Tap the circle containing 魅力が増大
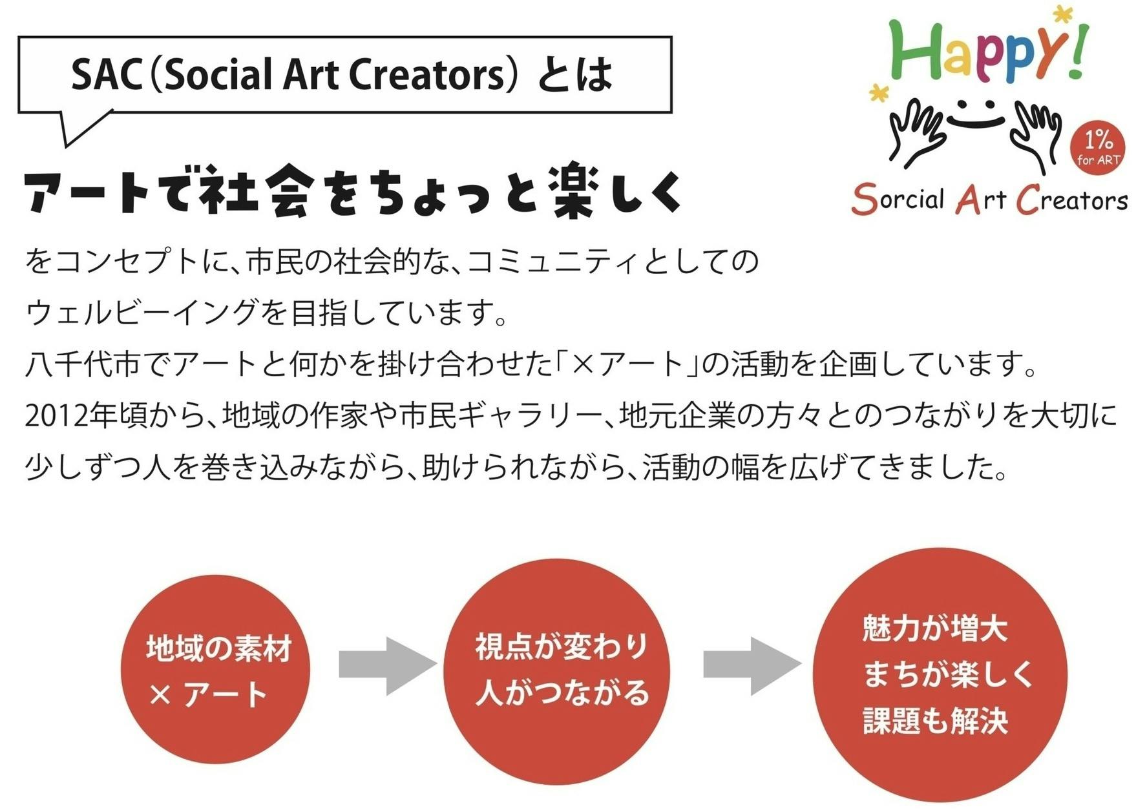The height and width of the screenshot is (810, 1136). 940,674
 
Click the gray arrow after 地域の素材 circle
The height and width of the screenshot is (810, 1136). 388,665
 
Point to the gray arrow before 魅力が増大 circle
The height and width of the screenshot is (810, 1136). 752,665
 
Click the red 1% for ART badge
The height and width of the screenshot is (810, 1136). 1098,147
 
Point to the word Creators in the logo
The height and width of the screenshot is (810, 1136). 1071,200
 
